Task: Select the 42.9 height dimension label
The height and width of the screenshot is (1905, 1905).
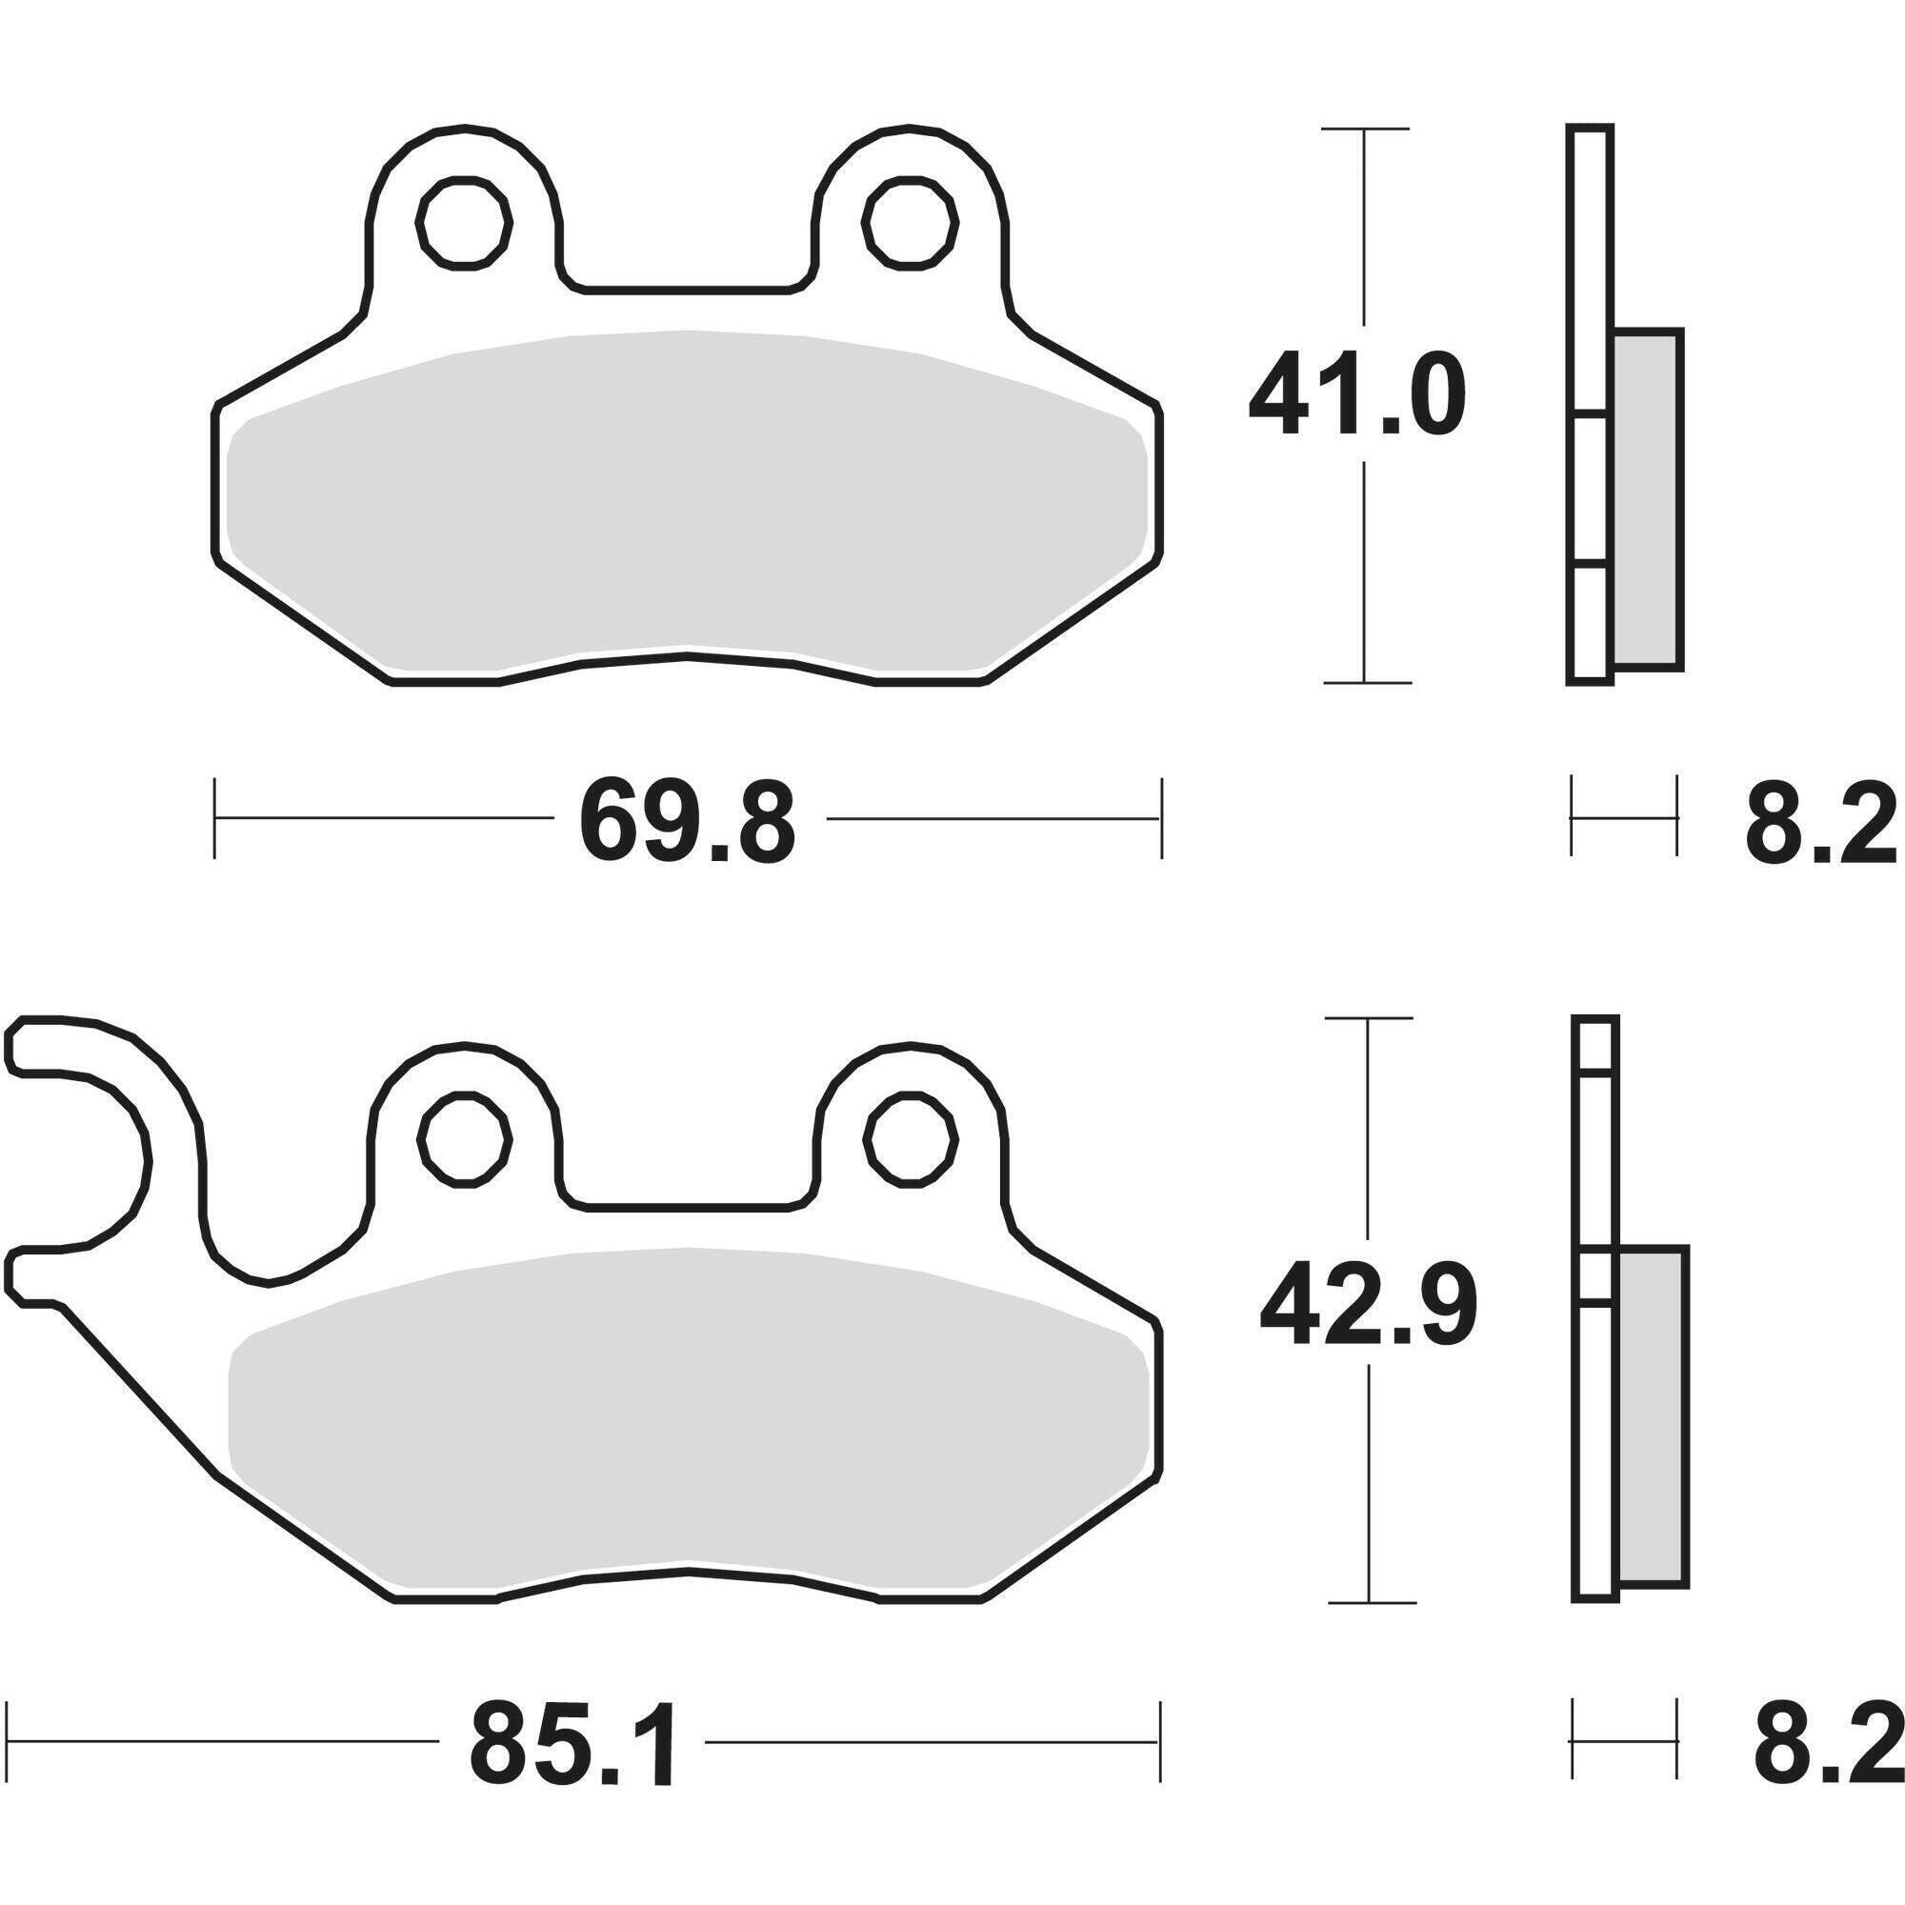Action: (x=1367, y=1310)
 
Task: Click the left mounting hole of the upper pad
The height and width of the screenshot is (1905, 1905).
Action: (x=465, y=222)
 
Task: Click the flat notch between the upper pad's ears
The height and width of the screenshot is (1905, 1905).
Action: (x=688, y=289)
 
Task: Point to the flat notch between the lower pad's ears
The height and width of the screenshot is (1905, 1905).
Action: (x=688, y=1205)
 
